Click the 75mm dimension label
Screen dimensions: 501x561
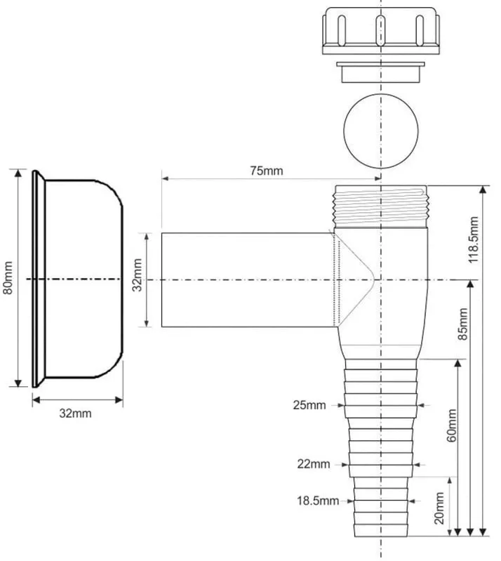tap(267, 171)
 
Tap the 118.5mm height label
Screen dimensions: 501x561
tap(473, 239)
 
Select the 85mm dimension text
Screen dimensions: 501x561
tap(462, 324)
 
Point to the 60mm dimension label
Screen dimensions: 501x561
tap(452, 425)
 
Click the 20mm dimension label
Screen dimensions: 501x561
tap(439, 508)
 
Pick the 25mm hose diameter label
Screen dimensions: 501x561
tap(309, 405)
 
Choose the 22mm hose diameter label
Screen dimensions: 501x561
tap(314, 464)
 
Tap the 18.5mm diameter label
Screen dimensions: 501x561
tap(318, 501)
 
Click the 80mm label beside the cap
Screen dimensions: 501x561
tap(8, 277)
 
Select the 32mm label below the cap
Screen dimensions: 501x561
tap(75, 414)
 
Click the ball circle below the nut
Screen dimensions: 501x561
tap(381, 131)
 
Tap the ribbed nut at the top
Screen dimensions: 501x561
tap(381, 31)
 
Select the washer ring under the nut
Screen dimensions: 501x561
tap(381, 72)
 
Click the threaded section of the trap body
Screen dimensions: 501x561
tap(381, 206)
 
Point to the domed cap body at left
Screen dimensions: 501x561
tap(84, 279)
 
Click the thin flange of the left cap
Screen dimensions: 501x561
tap(35, 279)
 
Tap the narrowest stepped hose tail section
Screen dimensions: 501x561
tap(381, 507)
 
